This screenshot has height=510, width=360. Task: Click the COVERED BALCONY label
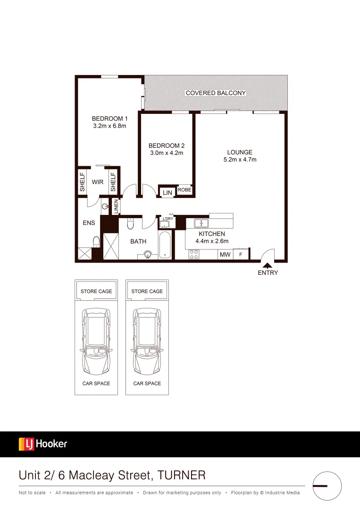coord(216,93)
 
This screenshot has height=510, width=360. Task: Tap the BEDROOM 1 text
coord(109,119)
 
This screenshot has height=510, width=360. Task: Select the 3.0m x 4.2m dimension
coord(166,153)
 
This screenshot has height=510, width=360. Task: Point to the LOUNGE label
coord(240,153)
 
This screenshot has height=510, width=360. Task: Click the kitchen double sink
coord(201,223)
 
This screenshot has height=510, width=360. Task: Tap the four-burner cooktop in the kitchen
coord(194,255)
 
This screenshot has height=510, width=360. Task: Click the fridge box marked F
coord(241,255)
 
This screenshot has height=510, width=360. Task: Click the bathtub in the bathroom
coord(165,244)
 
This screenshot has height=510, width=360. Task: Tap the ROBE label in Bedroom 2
coord(184,190)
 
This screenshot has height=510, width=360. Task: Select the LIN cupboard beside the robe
coord(167,193)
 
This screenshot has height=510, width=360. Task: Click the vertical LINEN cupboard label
coord(116,206)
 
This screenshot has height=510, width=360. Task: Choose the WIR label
coord(98,182)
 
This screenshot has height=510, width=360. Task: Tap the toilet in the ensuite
coord(96,242)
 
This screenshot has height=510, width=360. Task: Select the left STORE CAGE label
coord(96,291)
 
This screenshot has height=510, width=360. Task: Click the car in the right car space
coord(147,340)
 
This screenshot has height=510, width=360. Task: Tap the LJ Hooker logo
coord(43,444)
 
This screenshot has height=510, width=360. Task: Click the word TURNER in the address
coord(182,475)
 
